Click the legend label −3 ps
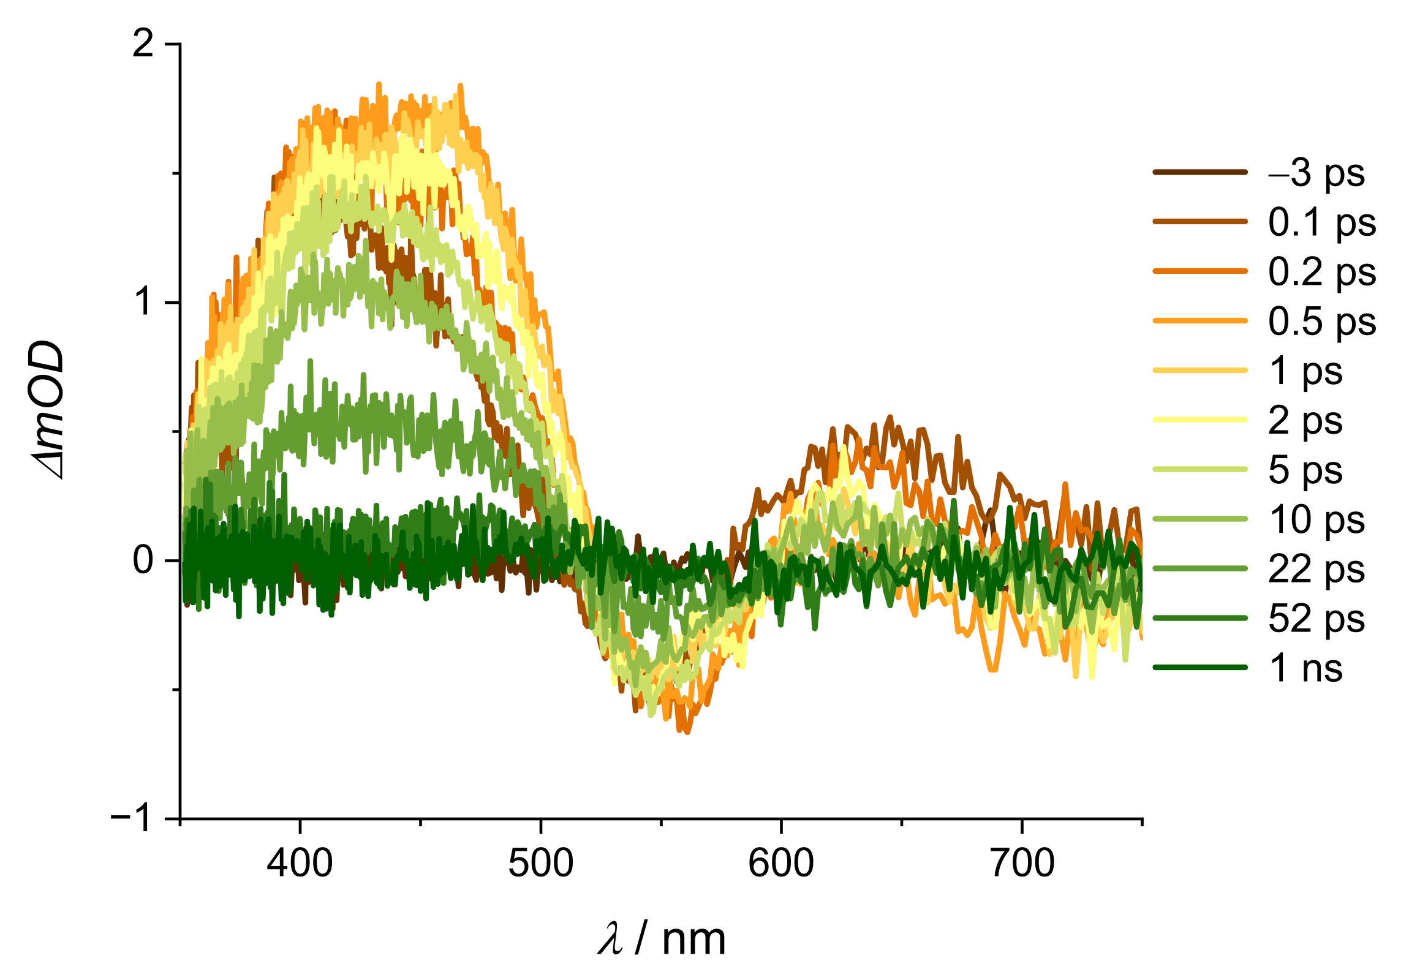pyautogui.click(x=1316, y=174)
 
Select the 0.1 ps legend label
pyautogui.click(x=1322, y=223)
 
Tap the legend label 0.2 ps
pyautogui.click(x=1322, y=273)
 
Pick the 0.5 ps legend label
pyautogui.click(x=1322, y=322)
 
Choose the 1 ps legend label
pyautogui.click(x=1305, y=372)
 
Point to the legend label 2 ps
pyautogui.click(x=1305, y=421)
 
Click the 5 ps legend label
pyautogui.click(x=1305, y=470)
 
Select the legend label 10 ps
pyautogui.click(x=1316, y=521)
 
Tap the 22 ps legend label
pyautogui.click(x=1316, y=570)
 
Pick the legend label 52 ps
pyautogui.click(x=1316, y=619)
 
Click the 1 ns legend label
pyautogui.click(x=1305, y=668)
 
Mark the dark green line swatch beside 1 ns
pyautogui.click(x=1199, y=667)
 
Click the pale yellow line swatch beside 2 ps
pyautogui.click(x=1199, y=420)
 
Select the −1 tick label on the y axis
pyautogui.click(x=132, y=818)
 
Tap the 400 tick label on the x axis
pyautogui.click(x=300, y=864)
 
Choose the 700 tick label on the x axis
pyautogui.click(x=1022, y=864)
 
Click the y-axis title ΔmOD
pyautogui.click(x=49, y=410)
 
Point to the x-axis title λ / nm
pyautogui.click(x=662, y=940)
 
